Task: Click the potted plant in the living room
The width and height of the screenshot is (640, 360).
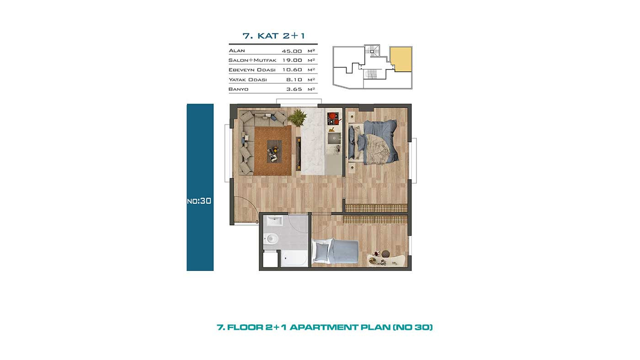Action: (297, 117)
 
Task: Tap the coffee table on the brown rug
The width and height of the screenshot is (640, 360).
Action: (274, 151)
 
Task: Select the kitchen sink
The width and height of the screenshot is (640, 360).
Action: (334, 138)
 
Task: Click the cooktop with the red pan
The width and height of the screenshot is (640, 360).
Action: (333, 118)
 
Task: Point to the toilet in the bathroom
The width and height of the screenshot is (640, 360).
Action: (271, 238)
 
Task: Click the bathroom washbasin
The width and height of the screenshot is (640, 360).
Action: (274, 221)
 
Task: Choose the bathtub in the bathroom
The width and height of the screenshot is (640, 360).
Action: (293, 259)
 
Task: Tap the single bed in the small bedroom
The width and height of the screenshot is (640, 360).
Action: (336, 251)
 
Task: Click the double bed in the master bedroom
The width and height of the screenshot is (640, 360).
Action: (373, 142)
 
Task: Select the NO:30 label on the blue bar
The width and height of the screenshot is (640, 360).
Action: (199, 201)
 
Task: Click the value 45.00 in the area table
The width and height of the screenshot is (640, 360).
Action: (292, 51)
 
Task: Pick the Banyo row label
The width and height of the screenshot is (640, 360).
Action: (238, 89)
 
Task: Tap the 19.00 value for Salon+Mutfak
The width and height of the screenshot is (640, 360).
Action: (292, 60)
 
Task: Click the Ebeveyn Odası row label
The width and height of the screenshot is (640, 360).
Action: (252, 70)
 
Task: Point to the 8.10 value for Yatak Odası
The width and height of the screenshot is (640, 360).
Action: (294, 79)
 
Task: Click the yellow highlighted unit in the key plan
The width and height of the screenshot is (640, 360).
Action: (401, 59)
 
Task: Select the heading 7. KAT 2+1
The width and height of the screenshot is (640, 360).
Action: (273, 36)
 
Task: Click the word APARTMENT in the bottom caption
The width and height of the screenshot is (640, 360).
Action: (324, 327)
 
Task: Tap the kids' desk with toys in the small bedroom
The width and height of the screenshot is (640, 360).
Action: (386, 259)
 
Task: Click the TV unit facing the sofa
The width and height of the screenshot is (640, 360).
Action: (298, 154)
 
